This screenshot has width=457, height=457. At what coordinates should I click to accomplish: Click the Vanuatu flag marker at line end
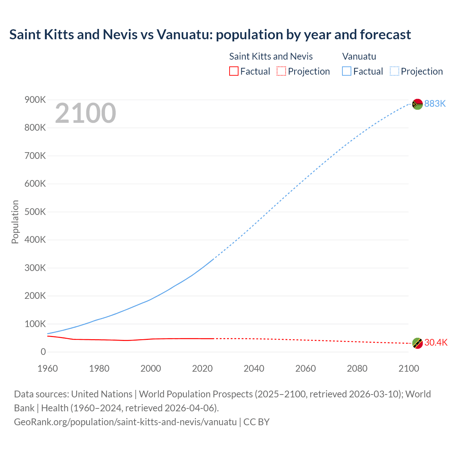coord(417,104)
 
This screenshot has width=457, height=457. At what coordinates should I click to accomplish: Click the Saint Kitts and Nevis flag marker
coord(417,343)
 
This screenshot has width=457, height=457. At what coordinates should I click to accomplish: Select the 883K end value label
coord(435,104)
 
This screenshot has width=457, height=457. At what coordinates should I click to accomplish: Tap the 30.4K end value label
coord(436,342)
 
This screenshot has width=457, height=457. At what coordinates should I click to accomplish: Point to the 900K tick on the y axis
coord(35,100)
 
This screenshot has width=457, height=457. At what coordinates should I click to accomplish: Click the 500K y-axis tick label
coord(35,212)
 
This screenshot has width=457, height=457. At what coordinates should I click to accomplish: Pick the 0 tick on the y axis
coord(43,352)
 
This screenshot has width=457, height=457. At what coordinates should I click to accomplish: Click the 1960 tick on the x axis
coord(47,368)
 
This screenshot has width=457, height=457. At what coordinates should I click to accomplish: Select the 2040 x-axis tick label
coord(254,368)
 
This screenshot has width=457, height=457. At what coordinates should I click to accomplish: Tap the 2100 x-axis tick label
coord(408,368)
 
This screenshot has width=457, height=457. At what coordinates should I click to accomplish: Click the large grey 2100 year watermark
coord(85,113)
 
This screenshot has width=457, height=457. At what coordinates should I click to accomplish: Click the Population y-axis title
coord(15,222)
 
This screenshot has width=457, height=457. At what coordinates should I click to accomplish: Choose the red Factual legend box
coord(233,71)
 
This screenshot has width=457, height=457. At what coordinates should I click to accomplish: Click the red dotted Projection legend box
coord(281,71)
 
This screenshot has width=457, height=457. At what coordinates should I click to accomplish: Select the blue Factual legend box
coord(346,71)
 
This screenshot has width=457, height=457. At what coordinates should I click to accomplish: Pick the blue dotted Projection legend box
coord(394,71)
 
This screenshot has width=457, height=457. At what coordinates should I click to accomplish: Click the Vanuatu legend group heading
coord(359,56)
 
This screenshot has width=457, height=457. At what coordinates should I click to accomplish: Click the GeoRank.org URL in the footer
coord(125,422)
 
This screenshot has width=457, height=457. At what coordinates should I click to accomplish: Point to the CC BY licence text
coord(256,422)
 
